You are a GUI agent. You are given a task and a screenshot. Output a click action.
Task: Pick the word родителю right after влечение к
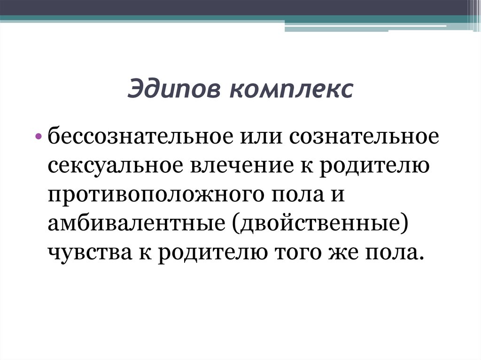[372, 167]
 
